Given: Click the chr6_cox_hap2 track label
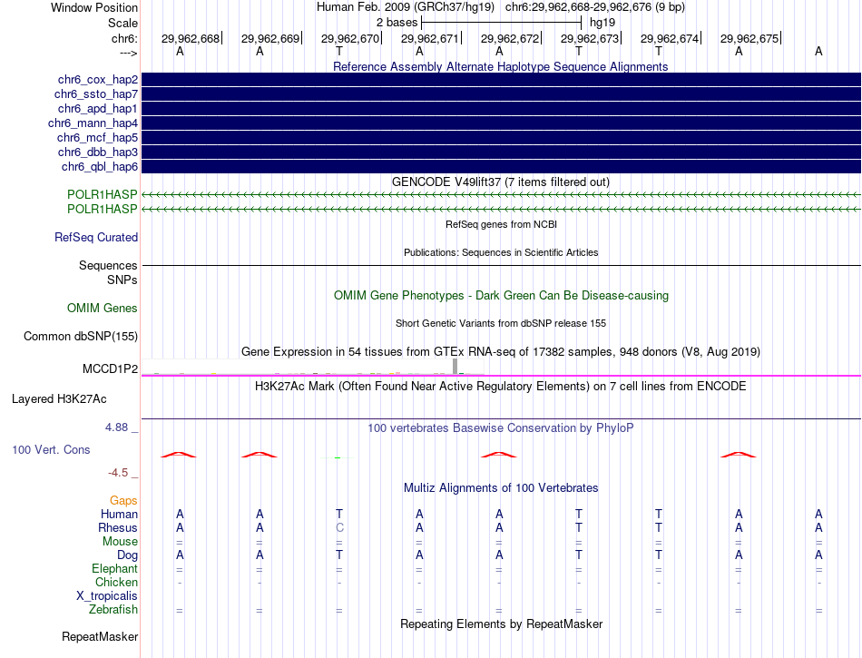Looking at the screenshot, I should [96, 80].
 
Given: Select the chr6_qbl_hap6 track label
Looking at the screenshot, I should [100, 167].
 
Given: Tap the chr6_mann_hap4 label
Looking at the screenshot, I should [93, 123].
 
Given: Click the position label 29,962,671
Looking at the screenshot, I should [430, 39].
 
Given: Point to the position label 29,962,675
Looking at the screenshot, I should [749, 39].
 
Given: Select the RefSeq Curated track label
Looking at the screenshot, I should [96, 238].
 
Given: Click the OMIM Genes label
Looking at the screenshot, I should [103, 309].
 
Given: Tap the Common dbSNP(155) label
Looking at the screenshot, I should [81, 337].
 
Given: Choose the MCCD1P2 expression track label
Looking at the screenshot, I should [110, 369].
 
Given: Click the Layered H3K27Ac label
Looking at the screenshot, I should [59, 398].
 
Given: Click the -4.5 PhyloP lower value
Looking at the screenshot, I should [122, 473].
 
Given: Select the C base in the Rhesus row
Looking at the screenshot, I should [339, 527].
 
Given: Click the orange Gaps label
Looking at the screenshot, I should [123, 501].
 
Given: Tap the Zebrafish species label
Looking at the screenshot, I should [113, 610].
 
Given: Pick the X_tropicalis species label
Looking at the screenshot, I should [107, 596].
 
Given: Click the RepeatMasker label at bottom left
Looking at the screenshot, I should [100, 637].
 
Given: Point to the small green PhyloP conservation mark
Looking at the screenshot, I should [338, 457].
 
